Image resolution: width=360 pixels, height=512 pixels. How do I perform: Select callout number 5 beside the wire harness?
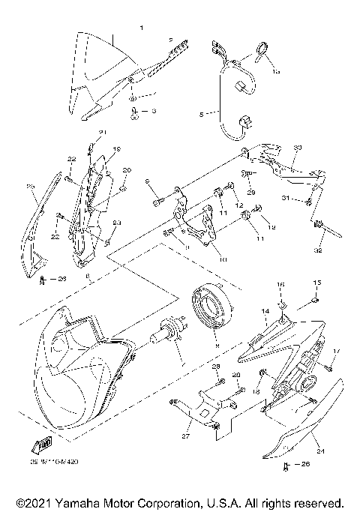click(x=200, y=115)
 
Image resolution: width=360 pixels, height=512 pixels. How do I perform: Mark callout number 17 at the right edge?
click(x=337, y=351)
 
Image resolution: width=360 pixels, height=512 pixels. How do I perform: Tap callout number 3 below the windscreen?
click(x=154, y=111)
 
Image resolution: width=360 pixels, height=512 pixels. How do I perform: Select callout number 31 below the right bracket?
click(x=286, y=197)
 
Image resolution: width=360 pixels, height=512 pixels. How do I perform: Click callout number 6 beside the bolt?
click(x=148, y=182)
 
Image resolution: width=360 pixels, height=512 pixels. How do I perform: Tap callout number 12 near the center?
click(x=240, y=205)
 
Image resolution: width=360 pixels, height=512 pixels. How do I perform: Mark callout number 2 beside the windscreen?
click(x=170, y=39)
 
